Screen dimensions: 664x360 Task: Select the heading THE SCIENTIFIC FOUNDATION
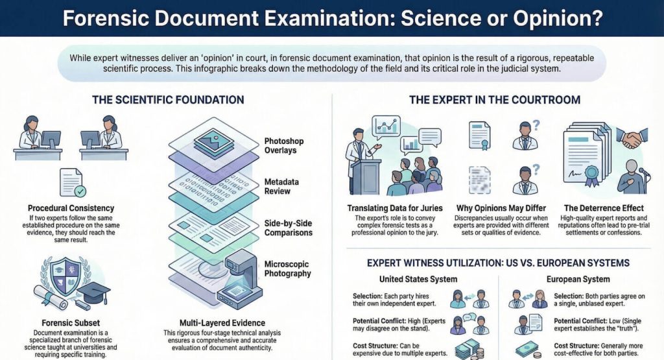click(x=168, y=100)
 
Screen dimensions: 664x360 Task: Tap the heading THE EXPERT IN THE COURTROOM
click(x=495, y=100)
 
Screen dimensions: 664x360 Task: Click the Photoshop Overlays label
click(x=284, y=146)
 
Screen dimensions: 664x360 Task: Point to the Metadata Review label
click(x=281, y=186)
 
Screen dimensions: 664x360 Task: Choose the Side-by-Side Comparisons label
click(x=289, y=228)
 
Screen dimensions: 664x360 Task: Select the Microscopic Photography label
click(x=287, y=269)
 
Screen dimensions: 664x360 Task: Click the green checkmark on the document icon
click(x=80, y=191)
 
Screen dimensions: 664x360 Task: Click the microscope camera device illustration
click(x=239, y=280)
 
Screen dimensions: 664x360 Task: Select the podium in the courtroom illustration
click(x=365, y=176)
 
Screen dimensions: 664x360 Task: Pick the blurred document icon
click(x=480, y=180)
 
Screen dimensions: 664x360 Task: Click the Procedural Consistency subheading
click(x=71, y=208)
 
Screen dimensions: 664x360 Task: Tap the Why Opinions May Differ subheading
click(x=501, y=208)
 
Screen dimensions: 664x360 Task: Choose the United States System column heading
click(x=418, y=279)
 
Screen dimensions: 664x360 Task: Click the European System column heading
click(x=578, y=279)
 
